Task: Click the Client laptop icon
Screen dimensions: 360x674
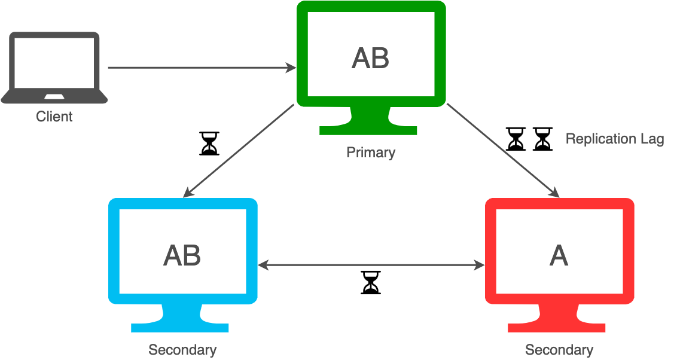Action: click(x=54, y=67)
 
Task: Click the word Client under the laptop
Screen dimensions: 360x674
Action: click(x=54, y=117)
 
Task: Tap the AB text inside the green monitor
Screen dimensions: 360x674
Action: click(x=370, y=58)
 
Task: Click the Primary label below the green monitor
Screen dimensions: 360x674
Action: click(x=371, y=152)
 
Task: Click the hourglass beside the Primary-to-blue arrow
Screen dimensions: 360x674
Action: click(x=209, y=144)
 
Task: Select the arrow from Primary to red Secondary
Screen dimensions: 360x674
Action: click(x=502, y=150)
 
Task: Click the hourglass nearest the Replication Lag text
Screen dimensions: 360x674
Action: click(x=542, y=139)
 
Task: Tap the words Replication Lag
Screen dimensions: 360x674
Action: click(x=615, y=139)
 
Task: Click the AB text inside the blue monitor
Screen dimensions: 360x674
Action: click(x=182, y=255)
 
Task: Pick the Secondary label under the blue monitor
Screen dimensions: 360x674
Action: click(x=182, y=350)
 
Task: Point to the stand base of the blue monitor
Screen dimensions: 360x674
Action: click(x=180, y=327)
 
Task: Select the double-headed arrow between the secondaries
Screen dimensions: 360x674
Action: click(x=371, y=264)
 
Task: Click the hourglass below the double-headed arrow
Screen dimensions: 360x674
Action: click(x=371, y=283)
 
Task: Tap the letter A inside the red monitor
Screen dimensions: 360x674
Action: click(x=559, y=255)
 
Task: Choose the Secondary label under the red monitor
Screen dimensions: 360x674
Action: click(x=559, y=350)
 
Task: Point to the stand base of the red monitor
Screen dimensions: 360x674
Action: click(x=557, y=327)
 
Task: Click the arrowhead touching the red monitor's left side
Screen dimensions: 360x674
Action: click(x=479, y=264)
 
